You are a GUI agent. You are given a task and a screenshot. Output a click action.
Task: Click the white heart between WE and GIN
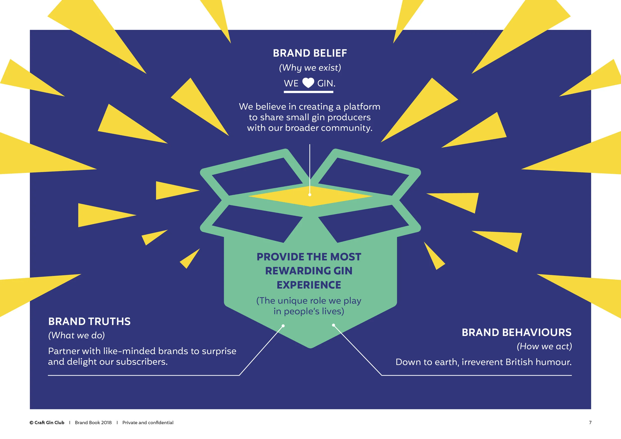[x=308, y=83]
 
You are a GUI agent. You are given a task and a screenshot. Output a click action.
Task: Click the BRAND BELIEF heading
[x=310, y=53]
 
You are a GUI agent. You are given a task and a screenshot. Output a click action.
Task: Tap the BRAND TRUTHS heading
[x=89, y=321]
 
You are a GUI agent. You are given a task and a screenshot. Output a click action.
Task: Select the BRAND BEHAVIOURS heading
[x=516, y=332]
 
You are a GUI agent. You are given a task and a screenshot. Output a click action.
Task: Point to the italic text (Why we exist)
[x=310, y=68]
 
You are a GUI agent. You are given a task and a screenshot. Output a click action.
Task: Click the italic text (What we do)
[x=76, y=335]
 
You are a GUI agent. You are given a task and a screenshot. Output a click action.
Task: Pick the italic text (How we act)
[x=544, y=346]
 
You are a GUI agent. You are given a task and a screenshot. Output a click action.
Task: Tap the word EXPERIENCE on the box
[x=309, y=285]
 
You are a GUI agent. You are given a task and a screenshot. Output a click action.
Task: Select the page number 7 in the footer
[x=590, y=423]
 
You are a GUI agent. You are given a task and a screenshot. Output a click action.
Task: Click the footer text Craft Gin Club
[x=49, y=423]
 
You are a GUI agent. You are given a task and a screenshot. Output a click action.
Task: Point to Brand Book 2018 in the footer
[x=93, y=423]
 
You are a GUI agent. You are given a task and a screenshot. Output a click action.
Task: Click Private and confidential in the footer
[x=148, y=423]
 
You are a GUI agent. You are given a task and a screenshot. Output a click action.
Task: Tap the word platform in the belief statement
[x=362, y=107]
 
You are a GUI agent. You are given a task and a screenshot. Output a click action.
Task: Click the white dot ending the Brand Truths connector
[x=283, y=326]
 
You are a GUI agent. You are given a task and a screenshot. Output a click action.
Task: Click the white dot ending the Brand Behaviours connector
[x=334, y=325]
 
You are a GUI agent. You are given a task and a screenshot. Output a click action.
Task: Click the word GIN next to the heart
[x=326, y=83]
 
